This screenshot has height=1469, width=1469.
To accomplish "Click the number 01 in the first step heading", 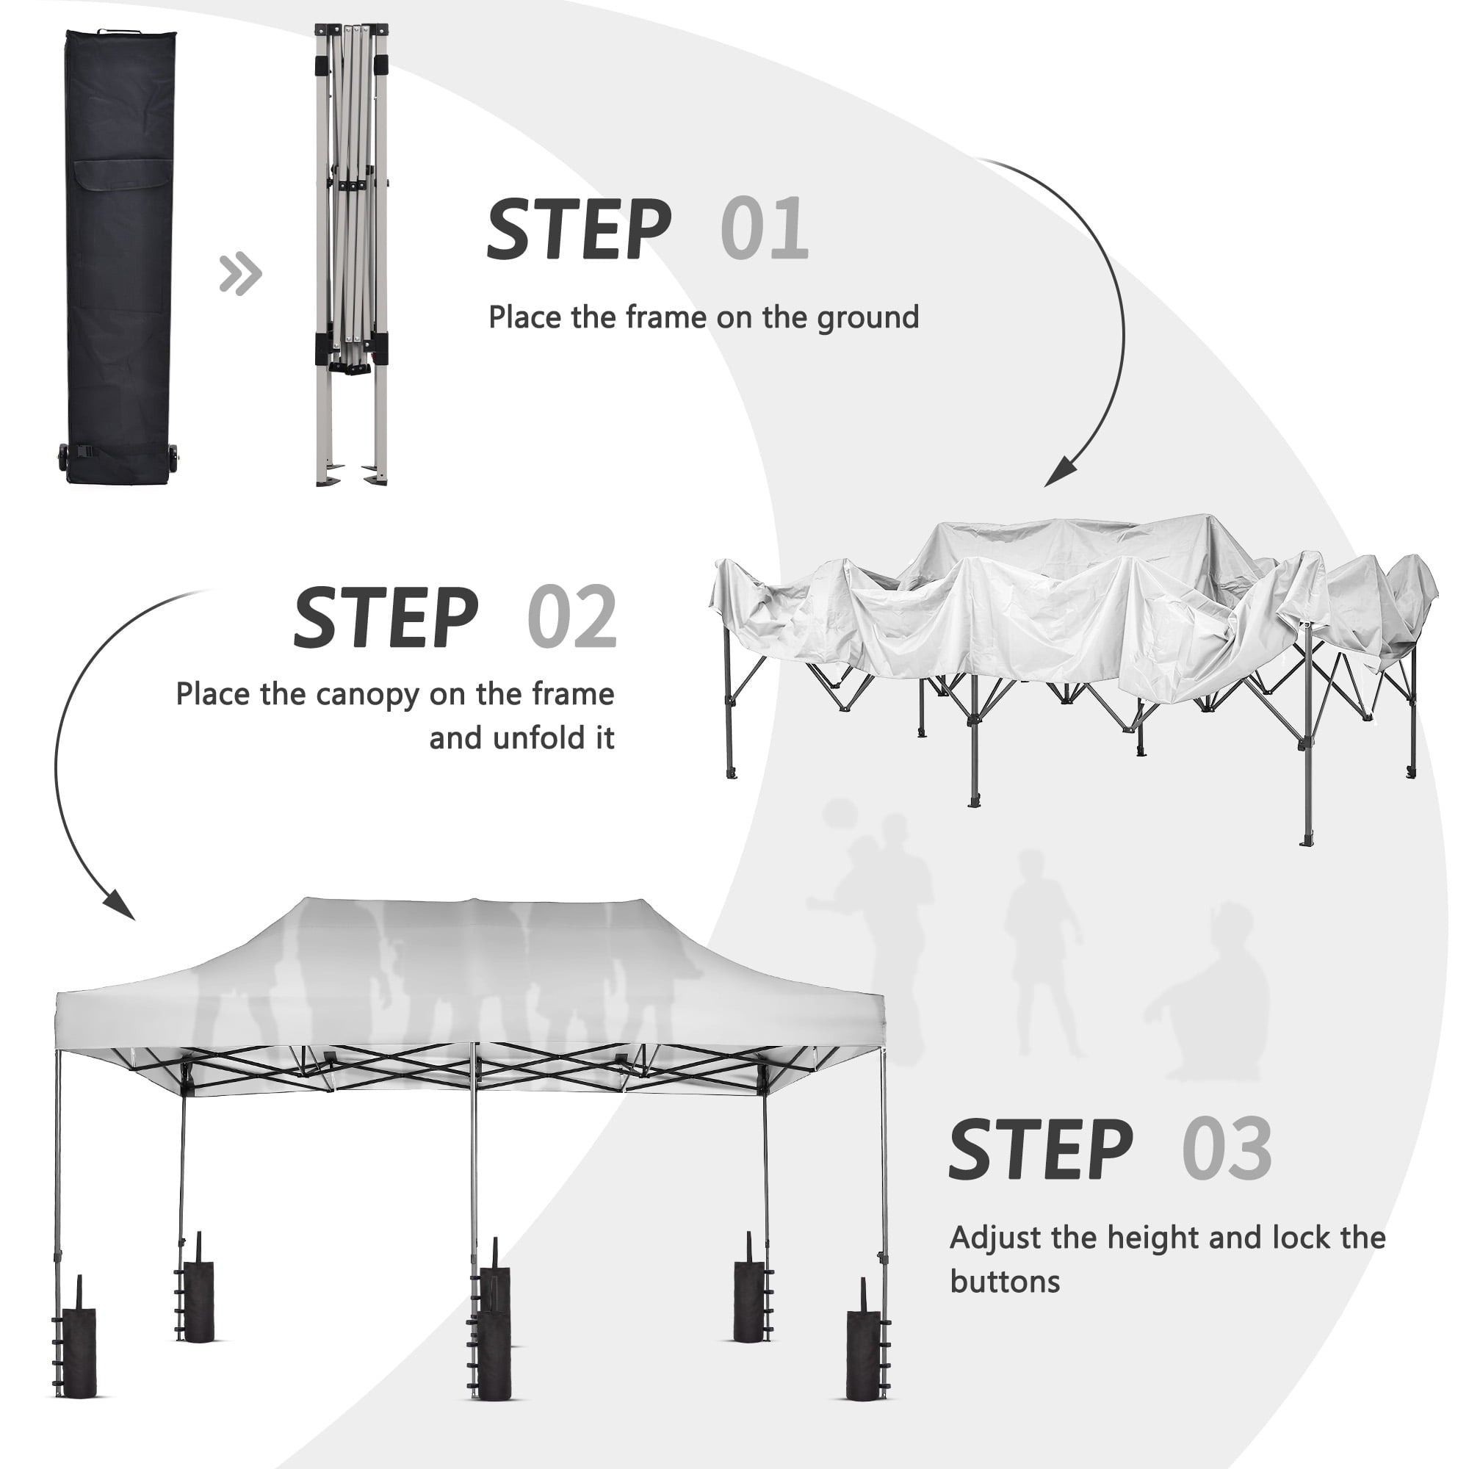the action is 764,229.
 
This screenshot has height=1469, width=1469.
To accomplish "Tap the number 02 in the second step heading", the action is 571,617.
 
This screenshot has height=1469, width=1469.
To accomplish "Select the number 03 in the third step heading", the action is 1227,1149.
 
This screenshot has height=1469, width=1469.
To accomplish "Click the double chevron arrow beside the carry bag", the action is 240,274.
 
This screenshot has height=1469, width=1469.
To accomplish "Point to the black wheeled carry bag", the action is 120,256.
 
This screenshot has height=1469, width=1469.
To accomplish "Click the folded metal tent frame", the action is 352,255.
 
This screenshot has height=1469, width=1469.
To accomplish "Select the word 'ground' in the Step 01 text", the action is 867,319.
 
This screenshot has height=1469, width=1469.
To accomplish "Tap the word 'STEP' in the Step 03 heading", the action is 1040,1149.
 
